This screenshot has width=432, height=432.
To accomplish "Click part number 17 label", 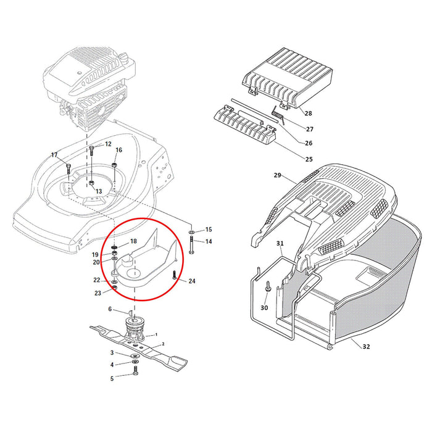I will (54, 154).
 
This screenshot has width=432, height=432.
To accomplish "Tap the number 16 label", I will (119, 150).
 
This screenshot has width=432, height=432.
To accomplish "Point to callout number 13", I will (98, 191).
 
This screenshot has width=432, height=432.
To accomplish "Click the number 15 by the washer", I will (208, 229).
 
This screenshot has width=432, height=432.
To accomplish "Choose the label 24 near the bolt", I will (192, 281).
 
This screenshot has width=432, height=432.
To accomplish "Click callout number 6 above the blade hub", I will (110, 309).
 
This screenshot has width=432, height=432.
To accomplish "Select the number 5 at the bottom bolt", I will (112, 378).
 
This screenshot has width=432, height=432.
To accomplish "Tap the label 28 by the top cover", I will (308, 114).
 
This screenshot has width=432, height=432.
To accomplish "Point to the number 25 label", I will (308, 159).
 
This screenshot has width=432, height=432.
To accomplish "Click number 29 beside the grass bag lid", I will (277, 176).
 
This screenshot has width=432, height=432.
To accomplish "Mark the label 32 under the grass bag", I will (366, 347).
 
